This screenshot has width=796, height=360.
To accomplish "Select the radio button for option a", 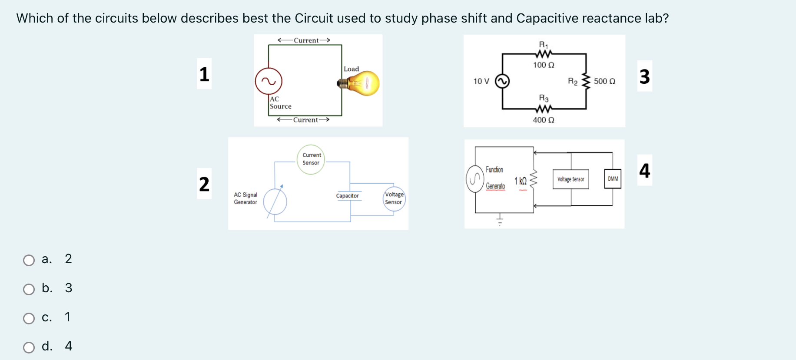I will pyautogui.click(x=29, y=260).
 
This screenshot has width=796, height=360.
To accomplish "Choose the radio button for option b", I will pyautogui.click(x=29, y=289).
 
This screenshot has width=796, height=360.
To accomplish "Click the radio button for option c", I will pyautogui.click(x=29, y=318).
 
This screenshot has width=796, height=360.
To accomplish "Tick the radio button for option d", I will pyautogui.click(x=29, y=347).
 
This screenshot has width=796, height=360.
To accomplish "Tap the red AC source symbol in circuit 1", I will pyautogui.click(x=269, y=81).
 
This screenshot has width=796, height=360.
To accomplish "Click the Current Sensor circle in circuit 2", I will pyautogui.click(x=311, y=159).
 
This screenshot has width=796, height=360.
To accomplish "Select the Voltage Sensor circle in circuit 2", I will pyautogui.click(x=394, y=198).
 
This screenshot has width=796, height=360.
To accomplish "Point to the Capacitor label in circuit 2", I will pyautogui.click(x=347, y=196).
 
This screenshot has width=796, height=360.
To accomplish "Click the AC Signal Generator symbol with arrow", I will pyautogui.click(x=275, y=201).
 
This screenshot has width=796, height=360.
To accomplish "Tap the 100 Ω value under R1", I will pyautogui.click(x=544, y=65).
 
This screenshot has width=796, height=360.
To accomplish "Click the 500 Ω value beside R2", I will pyautogui.click(x=604, y=81).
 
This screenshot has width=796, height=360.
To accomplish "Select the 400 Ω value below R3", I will pyautogui.click(x=544, y=120).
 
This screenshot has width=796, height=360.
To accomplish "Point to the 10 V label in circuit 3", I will pyautogui.click(x=481, y=81).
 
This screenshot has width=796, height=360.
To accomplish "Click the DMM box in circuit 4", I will pyautogui.click(x=613, y=179).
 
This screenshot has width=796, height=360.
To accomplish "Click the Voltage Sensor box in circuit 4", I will pyautogui.click(x=570, y=179).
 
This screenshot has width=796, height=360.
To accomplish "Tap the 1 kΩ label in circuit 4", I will pyautogui.click(x=521, y=181).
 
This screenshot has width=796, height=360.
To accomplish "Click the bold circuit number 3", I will pyautogui.click(x=644, y=76).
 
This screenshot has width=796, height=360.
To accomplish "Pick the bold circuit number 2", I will pyautogui.click(x=204, y=184).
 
